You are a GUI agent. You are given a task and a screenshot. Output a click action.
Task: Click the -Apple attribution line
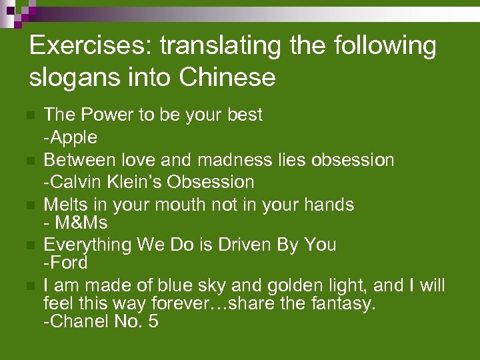point(70,137)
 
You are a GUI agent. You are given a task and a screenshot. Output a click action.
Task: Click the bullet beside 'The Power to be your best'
point(29,116)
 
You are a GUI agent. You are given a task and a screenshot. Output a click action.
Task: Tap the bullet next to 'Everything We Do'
point(29,246)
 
